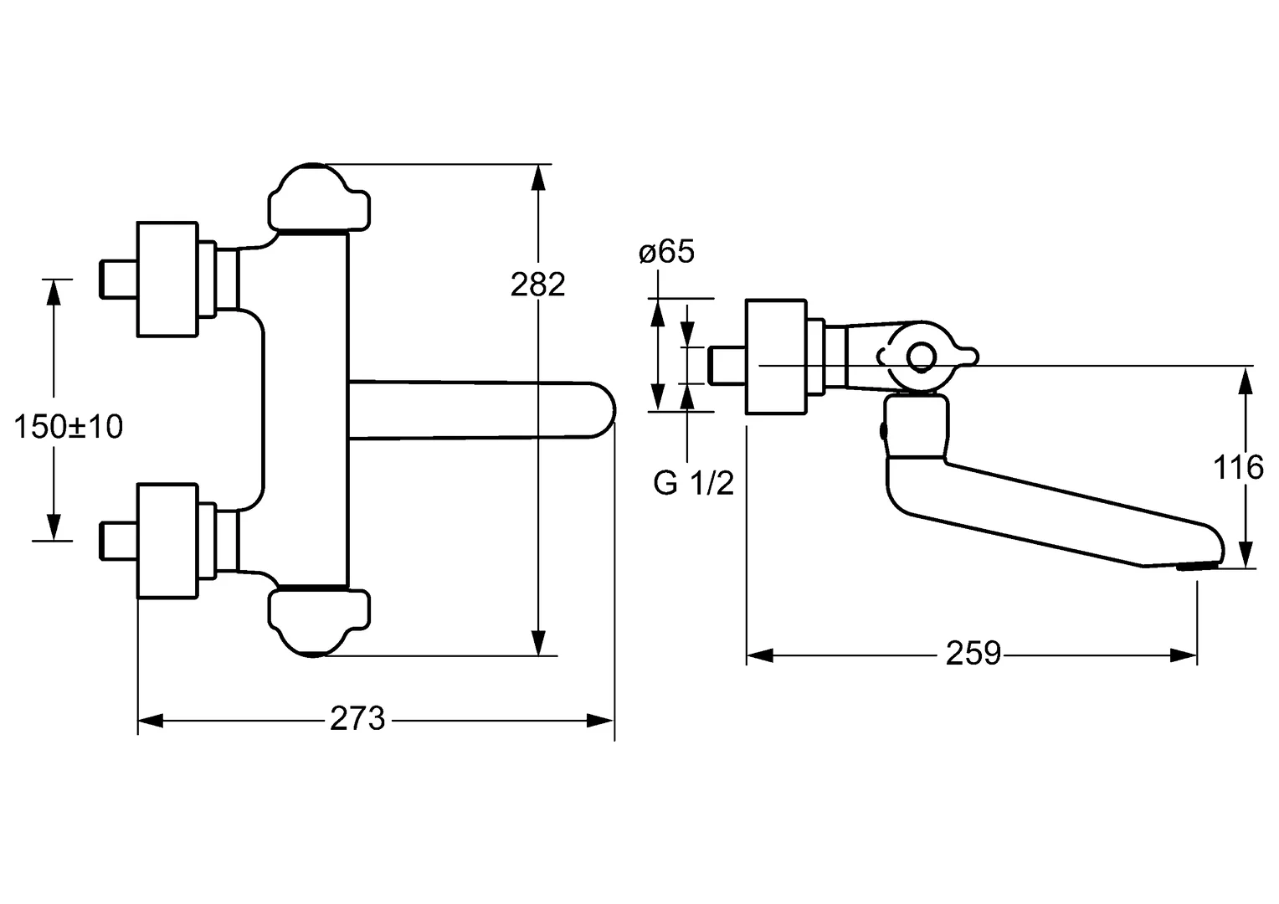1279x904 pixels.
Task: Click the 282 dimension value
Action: (x=538, y=285)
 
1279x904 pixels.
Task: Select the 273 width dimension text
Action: (x=357, y=718)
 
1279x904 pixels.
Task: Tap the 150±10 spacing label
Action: (x=69, y=427)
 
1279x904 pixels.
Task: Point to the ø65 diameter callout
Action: (x=666, y=252)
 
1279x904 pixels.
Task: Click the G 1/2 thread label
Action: (x=693, y=483)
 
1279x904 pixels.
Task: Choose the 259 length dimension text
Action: (x=973, y=653)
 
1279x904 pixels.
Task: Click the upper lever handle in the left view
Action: (x=318, y=199)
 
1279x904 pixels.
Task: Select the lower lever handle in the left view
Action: (x=318, y=621)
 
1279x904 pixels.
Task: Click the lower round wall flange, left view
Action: (x=167, y=541)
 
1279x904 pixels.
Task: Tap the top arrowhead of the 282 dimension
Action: (x=540, y=177)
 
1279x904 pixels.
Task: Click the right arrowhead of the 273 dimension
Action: (x=602, y=720)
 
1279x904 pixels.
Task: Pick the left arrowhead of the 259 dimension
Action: (x=758, y=654)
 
